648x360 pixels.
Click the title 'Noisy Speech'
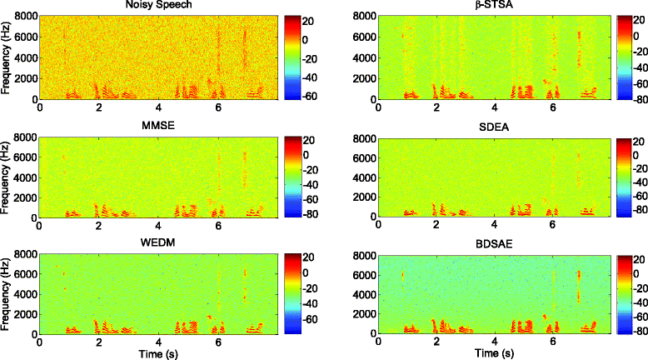[x=158, y=7]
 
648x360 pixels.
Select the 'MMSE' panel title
[x=158, y=126]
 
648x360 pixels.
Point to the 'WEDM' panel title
[x=158, y=245]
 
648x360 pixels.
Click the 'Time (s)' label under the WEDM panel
[x=158, y=354]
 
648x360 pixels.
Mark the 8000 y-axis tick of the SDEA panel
[x=364, y=137]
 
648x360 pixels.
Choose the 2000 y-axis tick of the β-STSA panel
[x=364, y=78]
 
